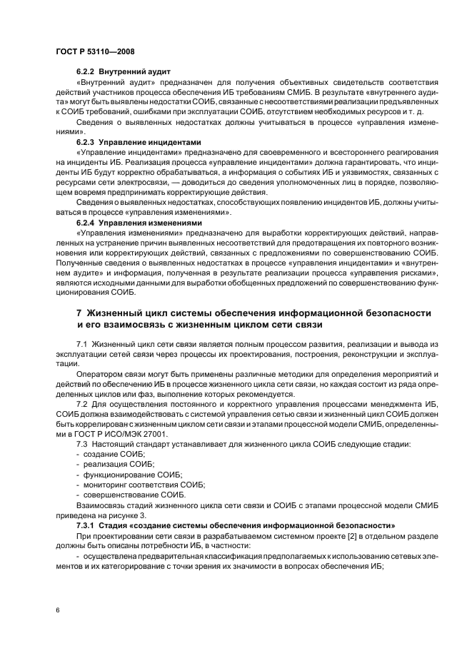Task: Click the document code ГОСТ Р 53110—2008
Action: point(94,52)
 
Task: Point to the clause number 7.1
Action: point(81,344)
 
